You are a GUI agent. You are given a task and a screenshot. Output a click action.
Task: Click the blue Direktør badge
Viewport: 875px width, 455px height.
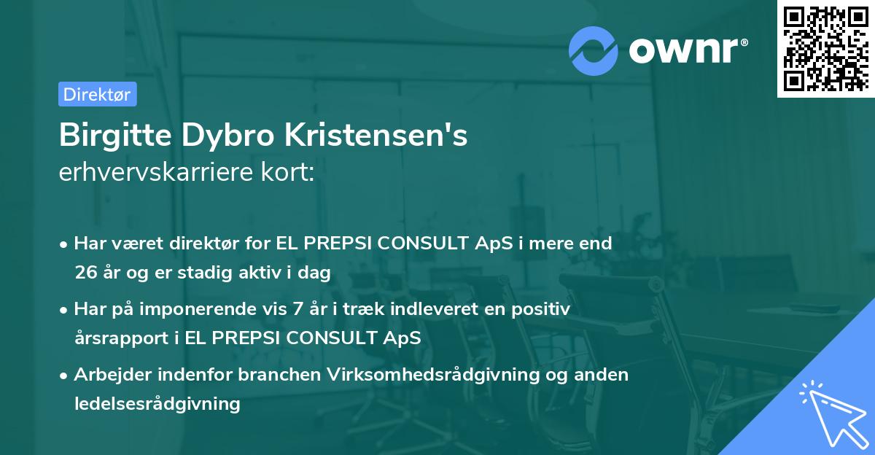click(x=97, y=94)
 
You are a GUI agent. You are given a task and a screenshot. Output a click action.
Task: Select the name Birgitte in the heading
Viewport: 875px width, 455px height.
click(x=111, y=136)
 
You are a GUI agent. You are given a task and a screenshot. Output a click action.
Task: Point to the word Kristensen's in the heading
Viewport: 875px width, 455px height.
click(x=379, y=136)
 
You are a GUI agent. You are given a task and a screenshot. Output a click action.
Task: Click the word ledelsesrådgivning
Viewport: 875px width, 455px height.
click(x=157, y=403)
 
